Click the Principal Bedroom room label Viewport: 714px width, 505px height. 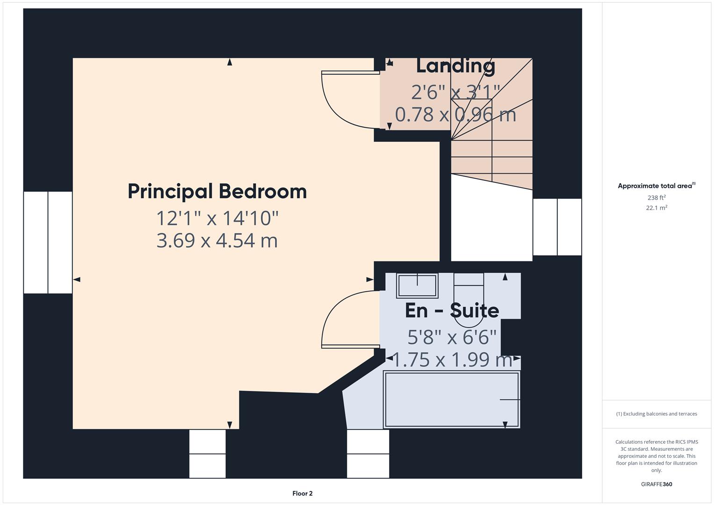point(217,192)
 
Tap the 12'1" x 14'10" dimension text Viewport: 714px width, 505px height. point(217,218)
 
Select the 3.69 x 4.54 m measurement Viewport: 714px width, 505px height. point(217,241)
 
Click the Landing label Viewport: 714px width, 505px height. point(455,66)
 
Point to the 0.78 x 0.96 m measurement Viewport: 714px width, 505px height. point(455,115)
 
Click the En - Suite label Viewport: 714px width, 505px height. point(452,310)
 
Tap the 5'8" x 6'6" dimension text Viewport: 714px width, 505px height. point(452,337)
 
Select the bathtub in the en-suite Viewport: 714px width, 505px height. point(451,399)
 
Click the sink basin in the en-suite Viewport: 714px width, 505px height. point(417,285)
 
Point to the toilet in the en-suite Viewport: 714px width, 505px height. point(469,299)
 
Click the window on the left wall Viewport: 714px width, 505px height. point(48,242)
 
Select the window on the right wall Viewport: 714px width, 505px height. point(557,227)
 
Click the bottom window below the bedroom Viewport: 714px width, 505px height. point(207,454)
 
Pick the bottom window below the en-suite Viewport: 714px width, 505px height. point(368,454)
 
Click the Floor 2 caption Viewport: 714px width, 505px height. point(302,493)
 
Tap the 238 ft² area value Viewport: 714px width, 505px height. point(656,198)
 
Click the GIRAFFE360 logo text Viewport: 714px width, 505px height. point(656,484)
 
